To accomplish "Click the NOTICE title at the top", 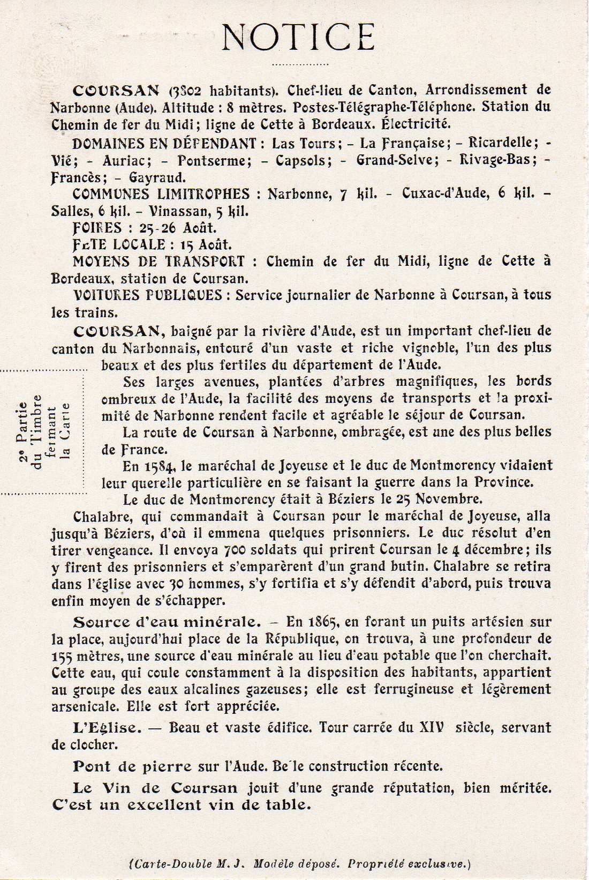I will point(298,38).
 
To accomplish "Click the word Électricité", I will point(415,124).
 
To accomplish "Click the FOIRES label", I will point(97,228).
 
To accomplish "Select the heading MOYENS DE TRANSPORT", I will point(158,262).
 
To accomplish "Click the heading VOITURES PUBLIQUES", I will point(147,295).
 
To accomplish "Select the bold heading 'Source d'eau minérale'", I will point(167,622).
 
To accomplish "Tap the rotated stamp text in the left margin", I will point(51,432).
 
